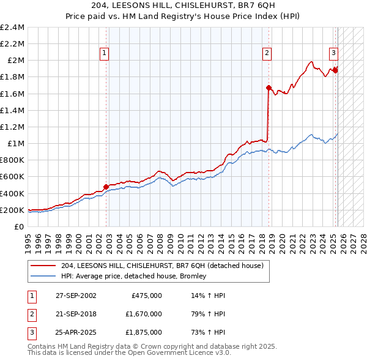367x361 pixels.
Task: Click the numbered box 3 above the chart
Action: [x=334, y=53]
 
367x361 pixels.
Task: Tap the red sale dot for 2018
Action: [x=269, y=87]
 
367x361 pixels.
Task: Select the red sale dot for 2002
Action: [x=106, y=187]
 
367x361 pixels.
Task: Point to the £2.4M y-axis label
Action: [x=12, y=28]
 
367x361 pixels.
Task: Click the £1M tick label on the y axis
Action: [x=16, y=144]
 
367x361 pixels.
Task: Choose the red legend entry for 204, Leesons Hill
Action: [x=162, y=266]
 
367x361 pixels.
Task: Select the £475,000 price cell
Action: [x=147, y=296]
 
